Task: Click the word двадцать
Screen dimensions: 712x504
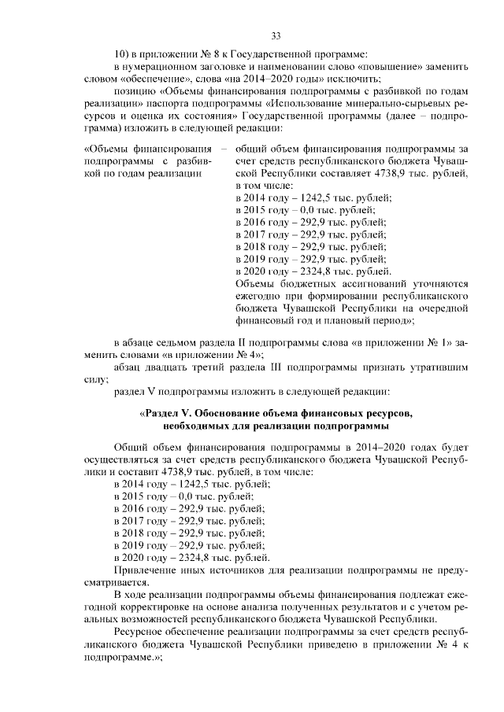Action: tap(169, 367)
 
